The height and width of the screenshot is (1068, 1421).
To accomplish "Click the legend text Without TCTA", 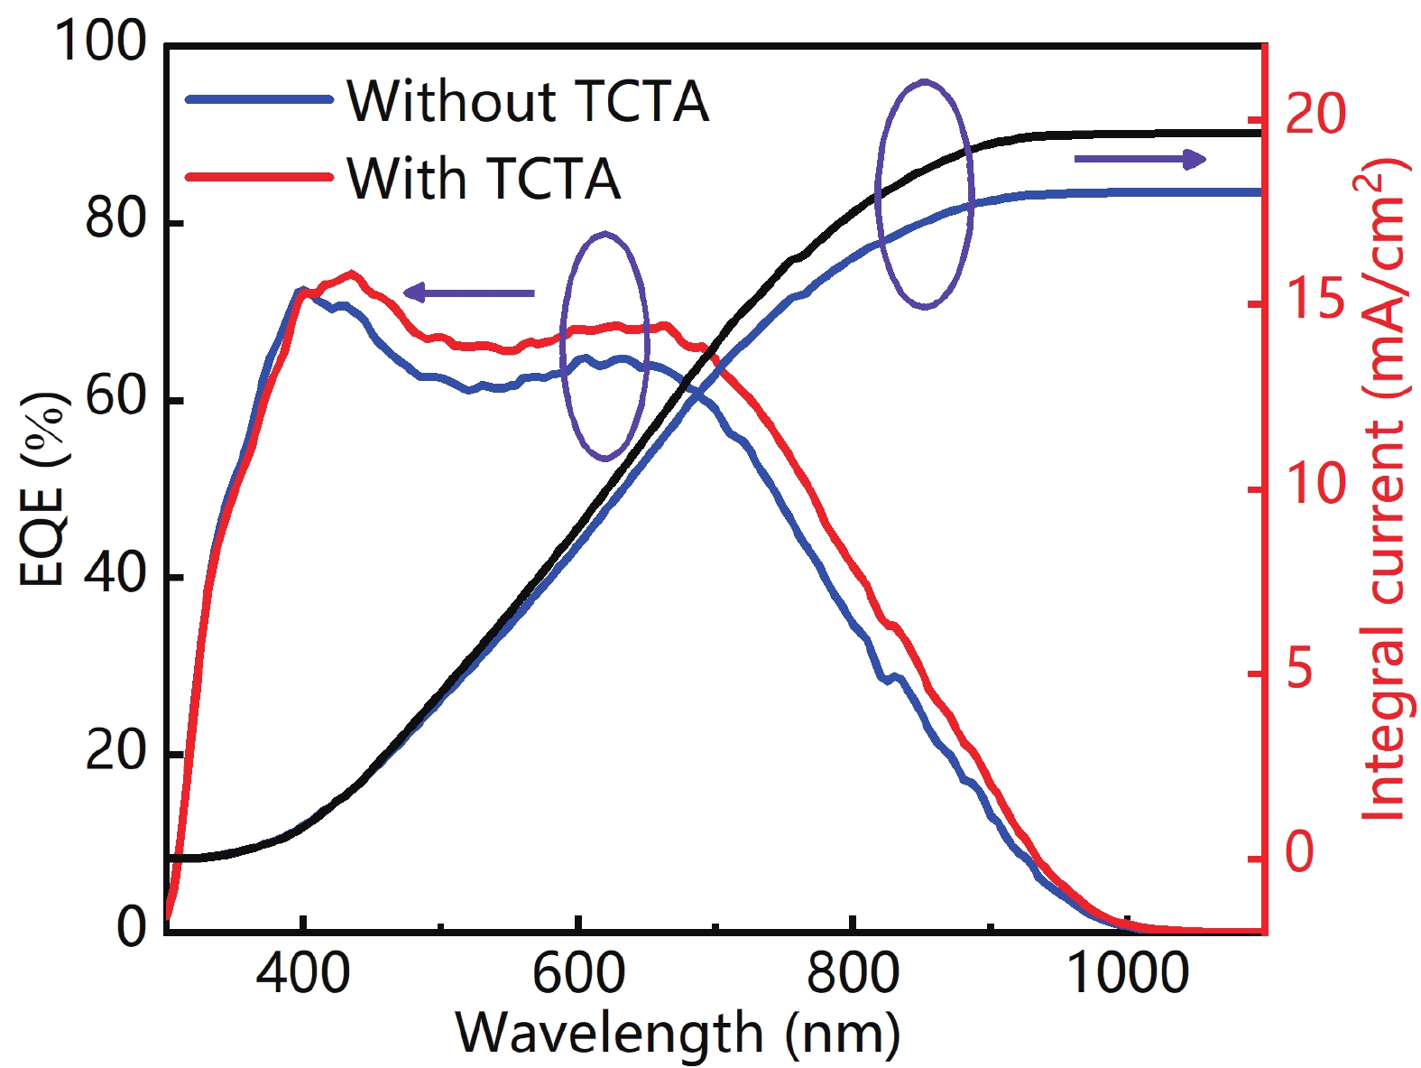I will pyautogui.click(x=528, y=100).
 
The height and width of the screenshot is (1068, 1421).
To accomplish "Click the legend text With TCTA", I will pyautogui.click(x=484, y=178).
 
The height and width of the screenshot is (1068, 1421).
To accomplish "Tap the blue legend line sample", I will pyautogui.click(x=259, y=99).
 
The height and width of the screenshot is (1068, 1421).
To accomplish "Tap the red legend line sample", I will pyautogui.click(x=259, y=176).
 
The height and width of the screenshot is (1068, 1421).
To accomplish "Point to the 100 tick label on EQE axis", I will pyautogui.click(x=100, y=42).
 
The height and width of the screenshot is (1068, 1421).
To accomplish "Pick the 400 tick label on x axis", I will pyautogui.click(x=303, y=973).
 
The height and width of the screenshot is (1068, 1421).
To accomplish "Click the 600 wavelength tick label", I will pyautogui.click(x=578, y=973).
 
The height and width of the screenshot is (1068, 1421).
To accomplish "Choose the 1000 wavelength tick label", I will pyautogui.click(x=1128, y=973).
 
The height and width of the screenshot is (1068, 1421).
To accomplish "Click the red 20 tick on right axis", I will pyautogui.click(x=1315, y=116).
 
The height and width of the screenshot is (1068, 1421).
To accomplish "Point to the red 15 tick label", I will pyautogui.click(x=1315, y=300).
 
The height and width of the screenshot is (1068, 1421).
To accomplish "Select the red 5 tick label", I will pyautogui.click(x=1299, y=670).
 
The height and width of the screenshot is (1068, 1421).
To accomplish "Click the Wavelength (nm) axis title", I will pyautogui.click(x=678, y=1034).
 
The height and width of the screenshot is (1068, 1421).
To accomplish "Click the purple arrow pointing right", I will pyautogui.click(x=1140, y=160).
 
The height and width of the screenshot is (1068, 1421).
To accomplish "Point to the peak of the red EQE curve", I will pyautogui.click(x=351, y=274).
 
